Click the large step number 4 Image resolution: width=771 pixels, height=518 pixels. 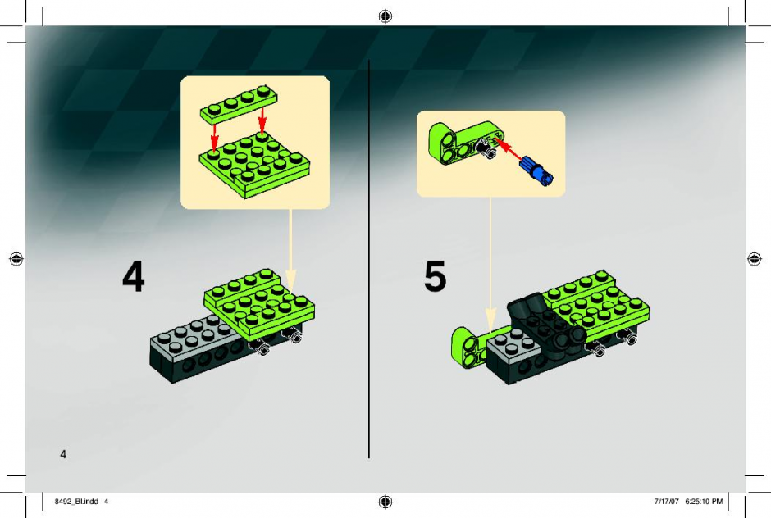[x=133, y=276]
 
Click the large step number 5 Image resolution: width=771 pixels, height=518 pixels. [x=436, y=276]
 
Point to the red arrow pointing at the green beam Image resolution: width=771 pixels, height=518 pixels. [x=508, y=149]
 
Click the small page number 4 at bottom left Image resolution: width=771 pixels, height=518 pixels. [x=63, y=454]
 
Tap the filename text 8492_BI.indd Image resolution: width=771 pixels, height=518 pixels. [x=76, y=502]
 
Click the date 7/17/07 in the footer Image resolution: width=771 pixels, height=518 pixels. [x=666, y=502]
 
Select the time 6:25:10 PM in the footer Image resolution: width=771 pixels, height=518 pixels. [x=704, y=502]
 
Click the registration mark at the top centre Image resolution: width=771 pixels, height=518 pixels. [x=385, y=16]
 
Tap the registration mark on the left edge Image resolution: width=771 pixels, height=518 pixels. [x=16, y=258]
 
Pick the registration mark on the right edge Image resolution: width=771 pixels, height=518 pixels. [x=755, y=258]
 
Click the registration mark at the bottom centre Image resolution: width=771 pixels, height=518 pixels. [x=385, y=502]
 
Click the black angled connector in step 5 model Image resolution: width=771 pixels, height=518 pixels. [x=545, y=327]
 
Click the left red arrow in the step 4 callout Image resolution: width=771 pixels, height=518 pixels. [x=214, y=135]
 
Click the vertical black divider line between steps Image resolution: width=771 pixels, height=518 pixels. [x=369, y=259]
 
